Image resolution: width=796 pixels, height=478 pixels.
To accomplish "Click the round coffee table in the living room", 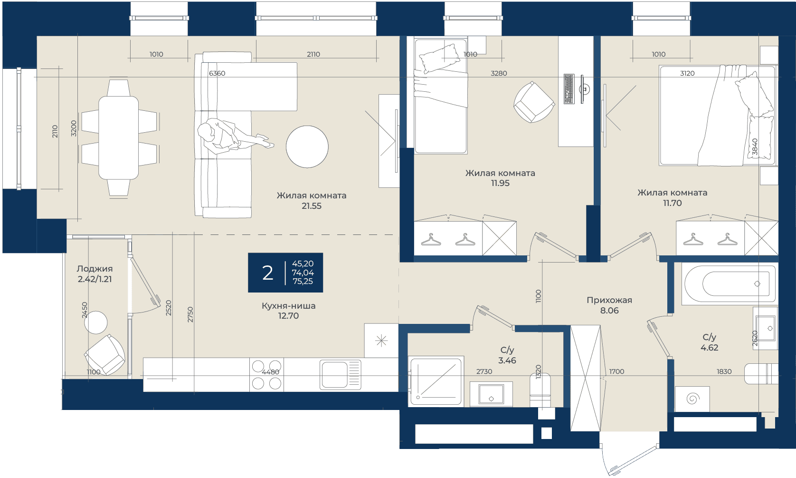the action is click(307, 146).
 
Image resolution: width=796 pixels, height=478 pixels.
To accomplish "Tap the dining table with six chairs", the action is click(119, 138).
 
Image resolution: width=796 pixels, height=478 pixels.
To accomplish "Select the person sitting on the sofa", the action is click(231, 137).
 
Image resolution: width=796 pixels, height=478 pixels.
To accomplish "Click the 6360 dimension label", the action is click(217, 73).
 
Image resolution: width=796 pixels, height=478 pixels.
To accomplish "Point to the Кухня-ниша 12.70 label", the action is click(289, 311).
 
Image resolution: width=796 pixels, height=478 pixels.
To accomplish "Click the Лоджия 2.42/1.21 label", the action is click(95, 273).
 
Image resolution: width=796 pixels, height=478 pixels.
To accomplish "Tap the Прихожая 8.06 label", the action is click(609, 305).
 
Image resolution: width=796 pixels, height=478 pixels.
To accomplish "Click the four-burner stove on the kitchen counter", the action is click(266, 375).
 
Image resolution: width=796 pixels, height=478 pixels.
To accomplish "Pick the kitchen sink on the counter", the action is click(340, 375).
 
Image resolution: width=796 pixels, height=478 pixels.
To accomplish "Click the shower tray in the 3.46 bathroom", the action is click(436, 381).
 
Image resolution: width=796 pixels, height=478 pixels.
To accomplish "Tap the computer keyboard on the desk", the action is click(569, 89).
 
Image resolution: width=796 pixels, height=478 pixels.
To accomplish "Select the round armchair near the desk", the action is click(534, 102).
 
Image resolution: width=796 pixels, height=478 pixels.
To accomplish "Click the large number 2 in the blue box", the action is click(267, 273).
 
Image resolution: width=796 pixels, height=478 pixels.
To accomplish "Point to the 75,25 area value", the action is click(303, 281).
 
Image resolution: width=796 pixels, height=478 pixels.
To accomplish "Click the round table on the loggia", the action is click(95, 322).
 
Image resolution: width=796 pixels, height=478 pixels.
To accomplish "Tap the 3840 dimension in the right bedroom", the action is click(754, 146).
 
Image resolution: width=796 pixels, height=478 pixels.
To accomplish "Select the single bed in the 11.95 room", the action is click(441, 97).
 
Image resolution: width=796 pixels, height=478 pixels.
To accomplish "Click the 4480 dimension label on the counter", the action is click(270, 372).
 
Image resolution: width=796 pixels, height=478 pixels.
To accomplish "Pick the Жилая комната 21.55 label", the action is click(312, 200).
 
